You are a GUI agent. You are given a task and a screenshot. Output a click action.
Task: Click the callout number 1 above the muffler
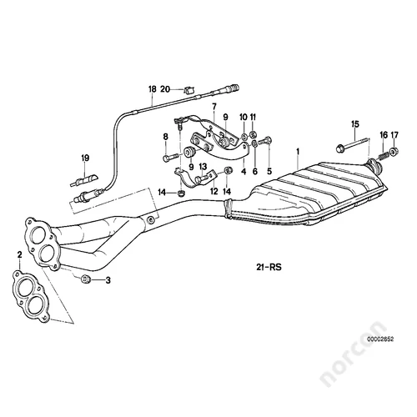click(298, 152)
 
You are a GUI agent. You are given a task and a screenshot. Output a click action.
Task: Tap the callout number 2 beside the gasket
click(19, 254)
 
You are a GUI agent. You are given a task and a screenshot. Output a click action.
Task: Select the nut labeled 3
click(85, 279)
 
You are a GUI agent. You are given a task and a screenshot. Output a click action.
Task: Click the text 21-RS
click(269, 267)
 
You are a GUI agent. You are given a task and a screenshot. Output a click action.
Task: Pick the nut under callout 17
click(394, 152)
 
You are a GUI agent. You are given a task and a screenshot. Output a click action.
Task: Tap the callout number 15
click(355, 124)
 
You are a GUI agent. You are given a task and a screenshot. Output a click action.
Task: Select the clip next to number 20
click(189, 89)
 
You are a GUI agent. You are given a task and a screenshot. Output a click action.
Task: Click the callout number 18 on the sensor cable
click(153, 89)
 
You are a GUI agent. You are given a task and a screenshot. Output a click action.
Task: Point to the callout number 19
click(85, 158)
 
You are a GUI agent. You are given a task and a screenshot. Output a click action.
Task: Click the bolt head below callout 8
click(166, 158)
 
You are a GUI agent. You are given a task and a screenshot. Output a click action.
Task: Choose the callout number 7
click(214, 107)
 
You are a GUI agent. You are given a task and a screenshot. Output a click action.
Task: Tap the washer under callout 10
click(244, 137)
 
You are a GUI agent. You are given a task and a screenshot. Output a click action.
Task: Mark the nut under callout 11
click(253, 135)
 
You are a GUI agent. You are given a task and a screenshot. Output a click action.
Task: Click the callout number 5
click(269, 171)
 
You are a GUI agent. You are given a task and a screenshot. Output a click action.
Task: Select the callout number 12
click(214, 191)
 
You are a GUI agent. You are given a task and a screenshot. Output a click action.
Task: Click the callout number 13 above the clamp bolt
click(203, 167)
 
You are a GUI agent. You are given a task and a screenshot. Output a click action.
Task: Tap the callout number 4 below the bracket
click(244, 172)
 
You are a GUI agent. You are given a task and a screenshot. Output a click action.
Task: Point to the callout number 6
click(255, 172)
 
